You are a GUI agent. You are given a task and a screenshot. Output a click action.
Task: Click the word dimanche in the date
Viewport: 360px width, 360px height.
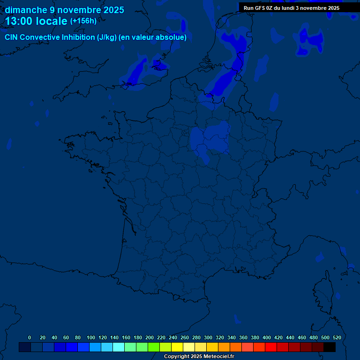(x=26, y=10)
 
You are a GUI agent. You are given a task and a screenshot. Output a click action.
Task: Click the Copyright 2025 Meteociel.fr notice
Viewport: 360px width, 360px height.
(x=199, y=357)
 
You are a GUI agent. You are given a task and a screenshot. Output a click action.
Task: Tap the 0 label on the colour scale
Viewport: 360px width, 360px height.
(x=30, y=337)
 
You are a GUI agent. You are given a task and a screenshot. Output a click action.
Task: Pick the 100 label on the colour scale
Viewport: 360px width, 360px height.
(x=90, y=337)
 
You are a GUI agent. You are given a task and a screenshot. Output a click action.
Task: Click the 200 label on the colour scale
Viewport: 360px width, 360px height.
(x=150, y=337)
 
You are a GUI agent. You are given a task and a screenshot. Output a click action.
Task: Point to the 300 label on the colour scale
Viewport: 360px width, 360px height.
(x=208, y=337)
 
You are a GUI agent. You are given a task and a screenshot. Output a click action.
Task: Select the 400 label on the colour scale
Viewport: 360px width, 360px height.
(x=267, y=337)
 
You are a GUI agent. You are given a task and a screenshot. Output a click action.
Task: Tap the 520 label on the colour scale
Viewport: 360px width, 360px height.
(x=337, y=337)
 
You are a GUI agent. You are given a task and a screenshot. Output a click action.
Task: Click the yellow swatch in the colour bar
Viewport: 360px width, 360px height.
(x=177, y=347)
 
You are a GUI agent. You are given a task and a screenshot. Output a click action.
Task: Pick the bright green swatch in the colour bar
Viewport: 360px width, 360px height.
(x=154, y=347)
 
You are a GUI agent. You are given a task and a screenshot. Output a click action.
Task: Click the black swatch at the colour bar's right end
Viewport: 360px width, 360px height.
(x=330, y=347)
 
